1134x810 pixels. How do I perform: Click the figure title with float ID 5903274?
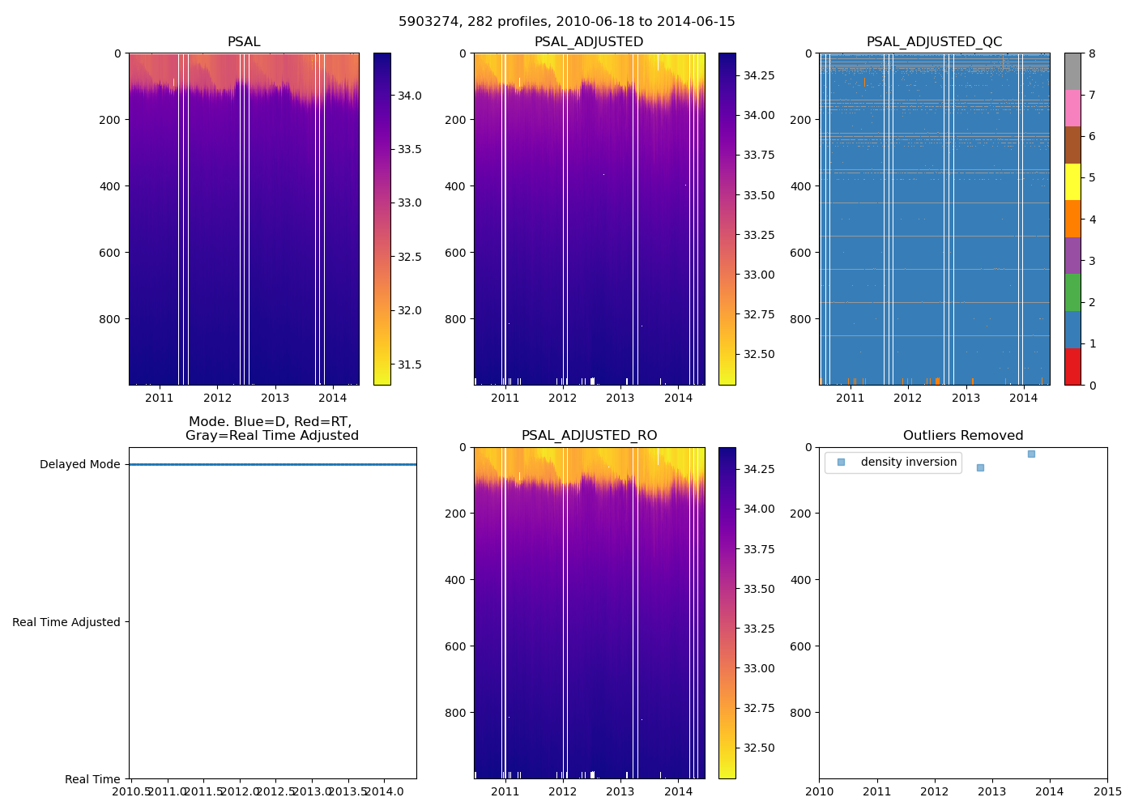(x=566, y=22)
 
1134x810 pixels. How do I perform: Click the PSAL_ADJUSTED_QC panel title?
(x=934, y=42)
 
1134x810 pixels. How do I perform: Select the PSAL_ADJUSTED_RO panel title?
(x=589, y=436)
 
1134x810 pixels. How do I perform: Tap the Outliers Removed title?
(x=963, y=436)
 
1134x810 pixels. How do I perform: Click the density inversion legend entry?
(x=908, y=462)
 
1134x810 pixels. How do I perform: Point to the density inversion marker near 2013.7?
(x=1031, y=454)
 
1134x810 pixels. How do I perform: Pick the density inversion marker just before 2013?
(x=980, y=467)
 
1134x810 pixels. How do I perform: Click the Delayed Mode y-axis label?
(x=79, y=464)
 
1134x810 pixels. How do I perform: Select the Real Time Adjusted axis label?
(x=66, y=622)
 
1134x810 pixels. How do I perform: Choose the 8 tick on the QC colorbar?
(x=1092, y=53)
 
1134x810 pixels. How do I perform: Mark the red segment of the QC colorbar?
(x=1072, y=366)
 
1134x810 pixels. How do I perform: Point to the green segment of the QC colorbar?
(x=1072, y=292)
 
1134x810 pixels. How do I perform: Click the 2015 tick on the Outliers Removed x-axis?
(x=1107, y=791)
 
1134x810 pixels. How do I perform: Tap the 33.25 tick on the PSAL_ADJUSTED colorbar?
(x=759, y=235)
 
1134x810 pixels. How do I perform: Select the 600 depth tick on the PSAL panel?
(x=111, y=253)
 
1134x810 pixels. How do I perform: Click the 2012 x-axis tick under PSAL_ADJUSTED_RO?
(x=563, y=791)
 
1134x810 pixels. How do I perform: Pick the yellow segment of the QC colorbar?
(x=1072, y=181)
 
